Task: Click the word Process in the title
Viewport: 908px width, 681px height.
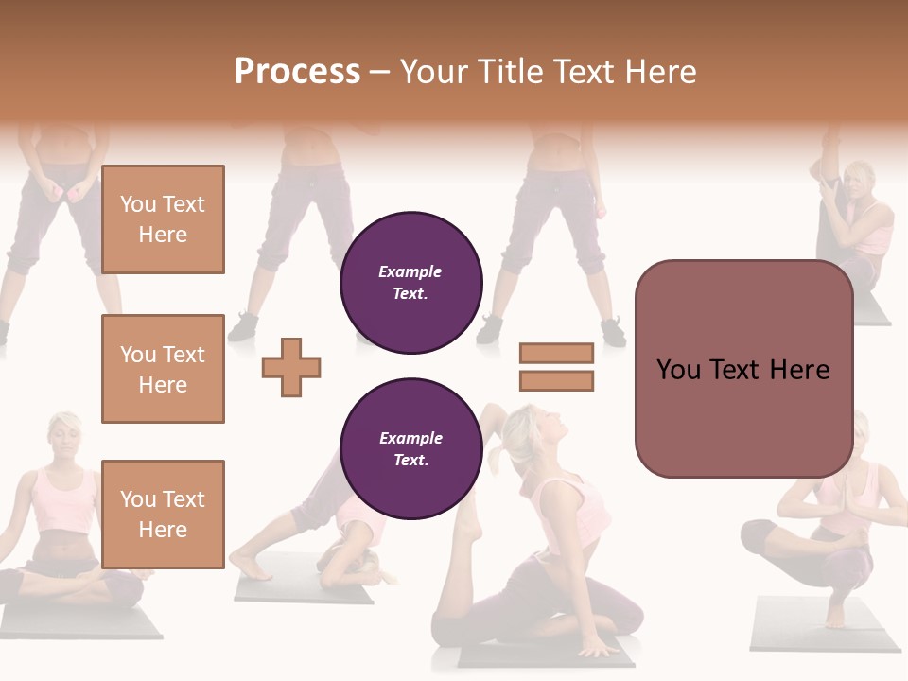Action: click(x=297, y=72)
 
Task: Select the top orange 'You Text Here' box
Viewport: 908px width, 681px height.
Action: click(x=163, y=219)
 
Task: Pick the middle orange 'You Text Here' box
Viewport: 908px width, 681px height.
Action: click(x=163, y=369)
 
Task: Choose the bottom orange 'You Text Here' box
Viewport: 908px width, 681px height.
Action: click(x=163, y=514)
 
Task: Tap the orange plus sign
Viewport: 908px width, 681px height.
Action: click(x=291, y=367)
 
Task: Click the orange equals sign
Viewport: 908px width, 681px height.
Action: click(x=556, y=367)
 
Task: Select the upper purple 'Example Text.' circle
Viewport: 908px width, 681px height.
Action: click(x=411, y=283)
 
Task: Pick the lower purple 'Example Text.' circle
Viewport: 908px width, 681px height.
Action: click(x=411, y=449)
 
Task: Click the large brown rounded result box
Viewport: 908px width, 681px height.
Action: click(x=743, y=369)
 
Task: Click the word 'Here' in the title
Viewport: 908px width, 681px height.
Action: click(x=661, y=72)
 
